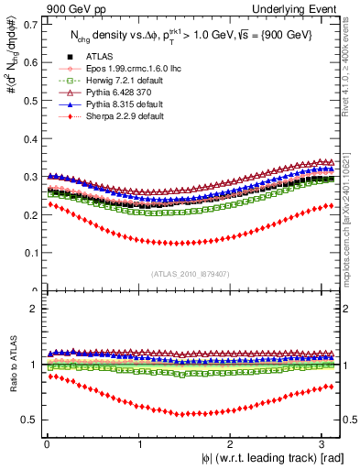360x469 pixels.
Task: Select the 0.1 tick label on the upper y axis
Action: [34, 253]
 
